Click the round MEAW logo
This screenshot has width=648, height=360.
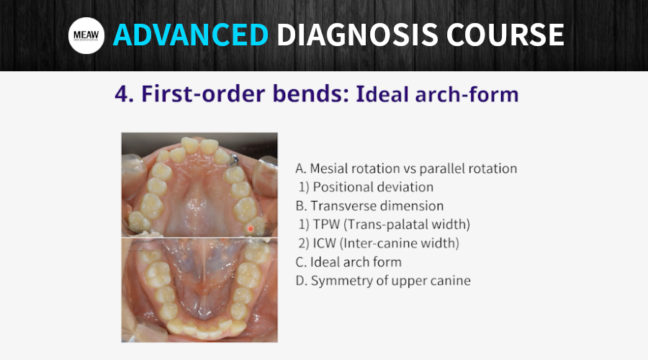tap(86, 35)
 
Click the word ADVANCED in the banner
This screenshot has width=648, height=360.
tap(191, 35)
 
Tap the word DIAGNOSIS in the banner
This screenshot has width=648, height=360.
tap(357, 35)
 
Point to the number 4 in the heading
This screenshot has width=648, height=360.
tap(122, 94)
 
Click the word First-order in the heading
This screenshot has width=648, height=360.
tap(202, 94)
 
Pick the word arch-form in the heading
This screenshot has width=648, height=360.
tap(467, 94)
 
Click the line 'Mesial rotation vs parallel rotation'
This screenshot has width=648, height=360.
tap(413, 168)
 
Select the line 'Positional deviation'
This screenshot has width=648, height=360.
tap(373, 186)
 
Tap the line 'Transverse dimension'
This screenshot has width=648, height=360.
tap(377, 206)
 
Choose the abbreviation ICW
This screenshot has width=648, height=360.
tap(325, 243)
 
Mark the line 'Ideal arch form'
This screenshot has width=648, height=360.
tap(356, 262)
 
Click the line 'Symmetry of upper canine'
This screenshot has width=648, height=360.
tap(390, 281)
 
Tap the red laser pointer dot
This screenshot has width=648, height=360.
tap(250, 228)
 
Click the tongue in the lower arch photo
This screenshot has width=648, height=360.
tap(202, 273)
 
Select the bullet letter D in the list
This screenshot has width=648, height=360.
tap(300, 281)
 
